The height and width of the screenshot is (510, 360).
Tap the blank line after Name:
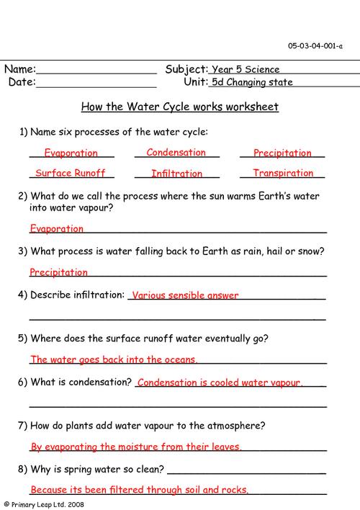coord(96,71)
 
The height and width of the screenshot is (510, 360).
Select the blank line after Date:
coord(96,83)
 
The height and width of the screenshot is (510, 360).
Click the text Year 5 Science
coord(246,70)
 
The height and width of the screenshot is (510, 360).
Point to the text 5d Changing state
coord(252,82)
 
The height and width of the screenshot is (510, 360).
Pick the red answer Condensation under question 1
coord(176,153)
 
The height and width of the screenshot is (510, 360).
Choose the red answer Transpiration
coord(283,174)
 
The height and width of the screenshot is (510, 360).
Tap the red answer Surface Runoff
coord(71,174)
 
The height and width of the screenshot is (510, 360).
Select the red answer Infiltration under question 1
coord(176,174)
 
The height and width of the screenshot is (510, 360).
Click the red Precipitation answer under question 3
coord(59,272)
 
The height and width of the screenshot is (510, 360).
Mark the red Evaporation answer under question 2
coord(57,228)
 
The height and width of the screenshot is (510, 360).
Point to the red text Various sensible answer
coord(185,295)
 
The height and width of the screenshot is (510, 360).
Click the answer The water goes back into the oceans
coord(114,359)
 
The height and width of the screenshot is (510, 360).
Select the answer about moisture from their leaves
coord(136,447)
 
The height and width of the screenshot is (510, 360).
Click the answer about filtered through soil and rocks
coord(140,490)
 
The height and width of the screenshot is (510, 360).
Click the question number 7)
coord(23,426)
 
